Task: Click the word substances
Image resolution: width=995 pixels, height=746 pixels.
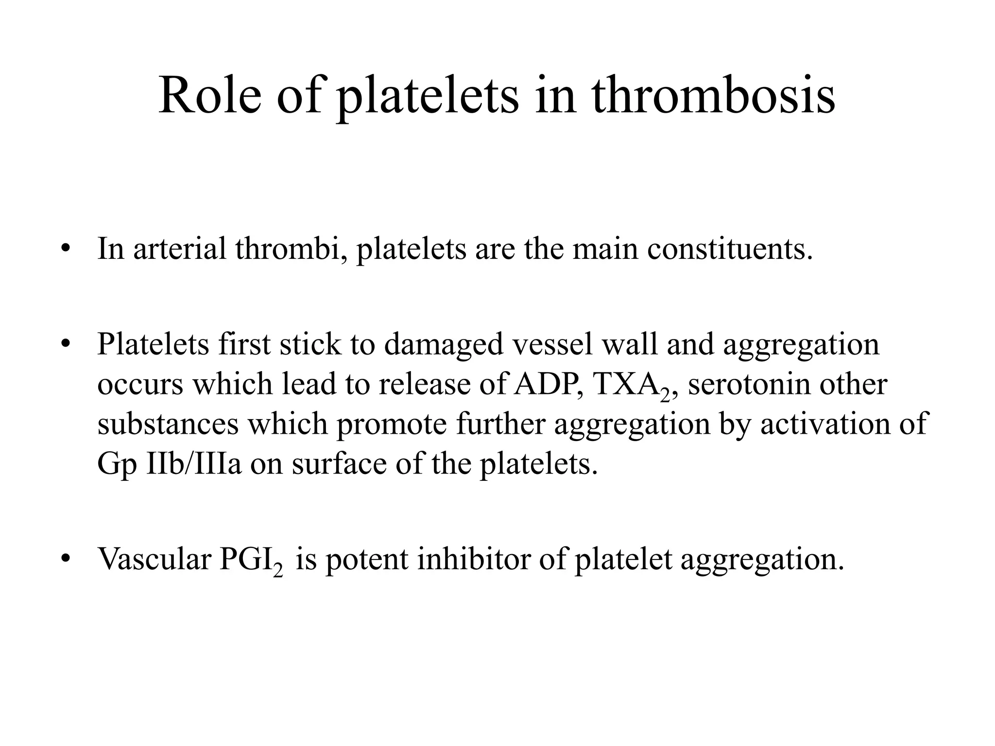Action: point(168,424)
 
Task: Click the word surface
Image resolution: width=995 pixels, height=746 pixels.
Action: point(339,463)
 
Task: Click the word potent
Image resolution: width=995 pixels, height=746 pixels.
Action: point(366,559)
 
